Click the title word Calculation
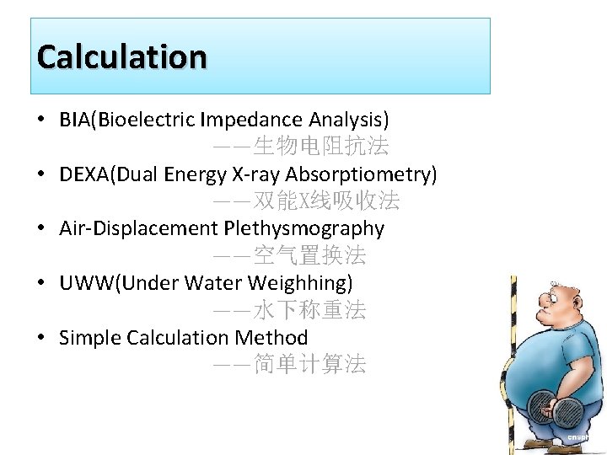pyautogui.click(x=121, y=57)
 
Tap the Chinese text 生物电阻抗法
pyautogui.click(x=321, y=147)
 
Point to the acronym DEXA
pyautogui.click(x=84, y=174)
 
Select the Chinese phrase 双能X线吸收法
pyautogui.click(x=326, y=201)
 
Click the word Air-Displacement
pyautogui.click(x=138, y=228)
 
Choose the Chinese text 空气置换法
pyautogui.click(x=309, y=255)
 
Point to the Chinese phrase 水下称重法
pyautogui.click(x=309, y=310)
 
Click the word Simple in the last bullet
pyautogui.click(x=90, y=338)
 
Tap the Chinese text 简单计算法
pyautogui.click(x=309, y=365)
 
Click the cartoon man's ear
pyautogui.click(x=577, y=301)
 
